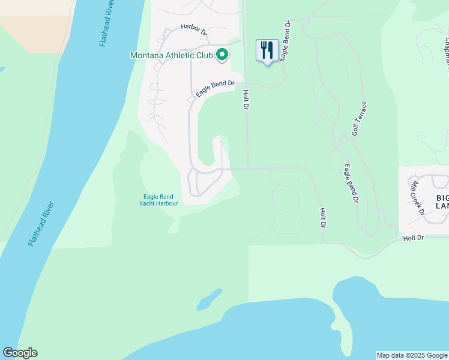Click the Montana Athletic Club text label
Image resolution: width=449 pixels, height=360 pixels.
tap(171, 55)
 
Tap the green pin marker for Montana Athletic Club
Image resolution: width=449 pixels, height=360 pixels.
tap(221, 55)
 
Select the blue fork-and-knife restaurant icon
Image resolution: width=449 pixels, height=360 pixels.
tap(267, 50)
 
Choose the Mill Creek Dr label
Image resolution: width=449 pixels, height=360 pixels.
tap(417, 198)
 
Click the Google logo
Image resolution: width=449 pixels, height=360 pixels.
tap(20, 353)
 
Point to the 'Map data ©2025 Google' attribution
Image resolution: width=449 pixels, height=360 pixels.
tap(412, 355)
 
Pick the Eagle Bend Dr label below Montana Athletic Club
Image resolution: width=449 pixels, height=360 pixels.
tap(214, 88)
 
